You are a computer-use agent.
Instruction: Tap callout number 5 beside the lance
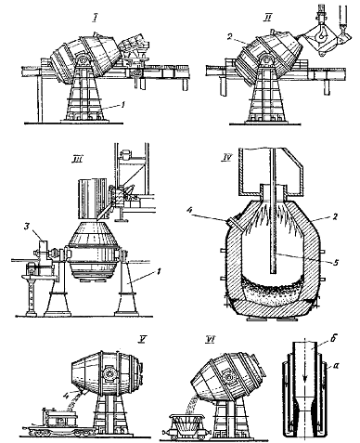tap(336, 263)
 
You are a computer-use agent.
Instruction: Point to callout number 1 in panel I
tap(123, 106)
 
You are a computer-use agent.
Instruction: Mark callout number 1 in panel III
tap(159, 272)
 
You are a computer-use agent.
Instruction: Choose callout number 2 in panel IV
tap(335, 216)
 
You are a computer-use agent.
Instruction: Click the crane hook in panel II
tap(323, 33)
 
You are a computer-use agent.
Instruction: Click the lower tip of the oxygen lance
tap(272, 273)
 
